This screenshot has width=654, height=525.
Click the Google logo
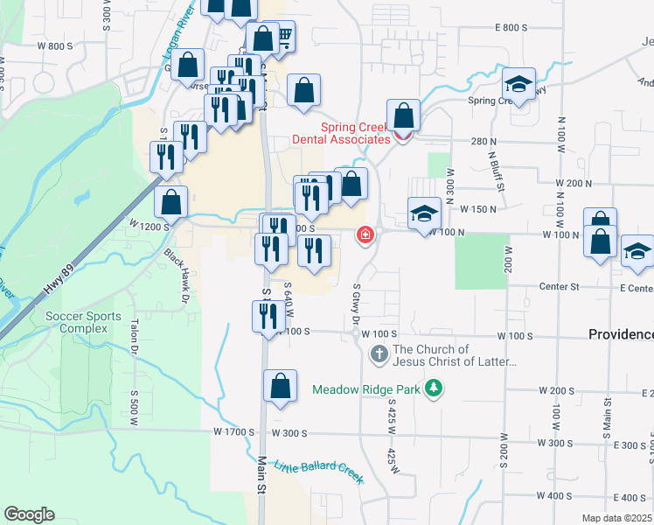(x=29, y=514)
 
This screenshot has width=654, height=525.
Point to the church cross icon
(x=379, y=354)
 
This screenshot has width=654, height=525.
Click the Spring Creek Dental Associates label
(x=355, y=133)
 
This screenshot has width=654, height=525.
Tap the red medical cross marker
(x=365, y=234)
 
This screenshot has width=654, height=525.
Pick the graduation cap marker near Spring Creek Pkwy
(x=518, y=85)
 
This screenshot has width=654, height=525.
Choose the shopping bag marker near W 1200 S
(x=171, y=202)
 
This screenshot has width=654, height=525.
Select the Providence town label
(x=620, y=334)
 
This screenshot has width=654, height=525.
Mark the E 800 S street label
(x=511, y=28)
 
